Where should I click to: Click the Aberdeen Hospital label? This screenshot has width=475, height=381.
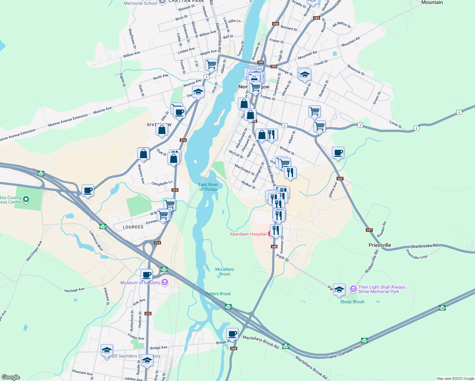tap(248, 234)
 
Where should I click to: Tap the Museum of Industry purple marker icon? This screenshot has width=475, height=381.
tap(164, 282)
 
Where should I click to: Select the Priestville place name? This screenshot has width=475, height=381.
tap(380, 245)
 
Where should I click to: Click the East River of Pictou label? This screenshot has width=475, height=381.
tap(208, 187)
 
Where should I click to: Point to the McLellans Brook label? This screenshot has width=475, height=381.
tap(224, 272)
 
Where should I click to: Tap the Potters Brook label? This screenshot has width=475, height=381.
tap(218, 294)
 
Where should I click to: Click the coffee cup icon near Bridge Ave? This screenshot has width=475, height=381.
tap(232, 334)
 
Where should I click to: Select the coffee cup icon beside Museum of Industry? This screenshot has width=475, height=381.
tap(147, 275)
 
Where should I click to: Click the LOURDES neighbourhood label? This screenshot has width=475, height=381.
tap(133, 227)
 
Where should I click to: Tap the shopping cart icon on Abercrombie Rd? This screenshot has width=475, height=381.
tap(211, 65)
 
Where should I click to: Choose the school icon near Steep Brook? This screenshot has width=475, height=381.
tap(339, 290)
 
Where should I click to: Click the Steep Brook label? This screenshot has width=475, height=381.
tap(352, 302)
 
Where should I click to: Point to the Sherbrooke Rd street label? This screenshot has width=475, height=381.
tap(424, 246)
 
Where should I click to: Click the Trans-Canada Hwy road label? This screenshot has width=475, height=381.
tap(344, 352)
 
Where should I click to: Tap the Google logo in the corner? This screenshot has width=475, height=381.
tap(11, 377)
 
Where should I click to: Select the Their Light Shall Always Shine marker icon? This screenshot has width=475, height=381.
tap(353, 289)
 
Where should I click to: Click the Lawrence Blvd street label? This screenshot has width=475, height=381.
tap(96, 241)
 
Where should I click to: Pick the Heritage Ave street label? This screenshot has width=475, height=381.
tap(74, 290)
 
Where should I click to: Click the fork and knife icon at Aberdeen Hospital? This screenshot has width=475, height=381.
tap(276, 230)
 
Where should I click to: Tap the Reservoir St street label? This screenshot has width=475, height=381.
tap(356, 70)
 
